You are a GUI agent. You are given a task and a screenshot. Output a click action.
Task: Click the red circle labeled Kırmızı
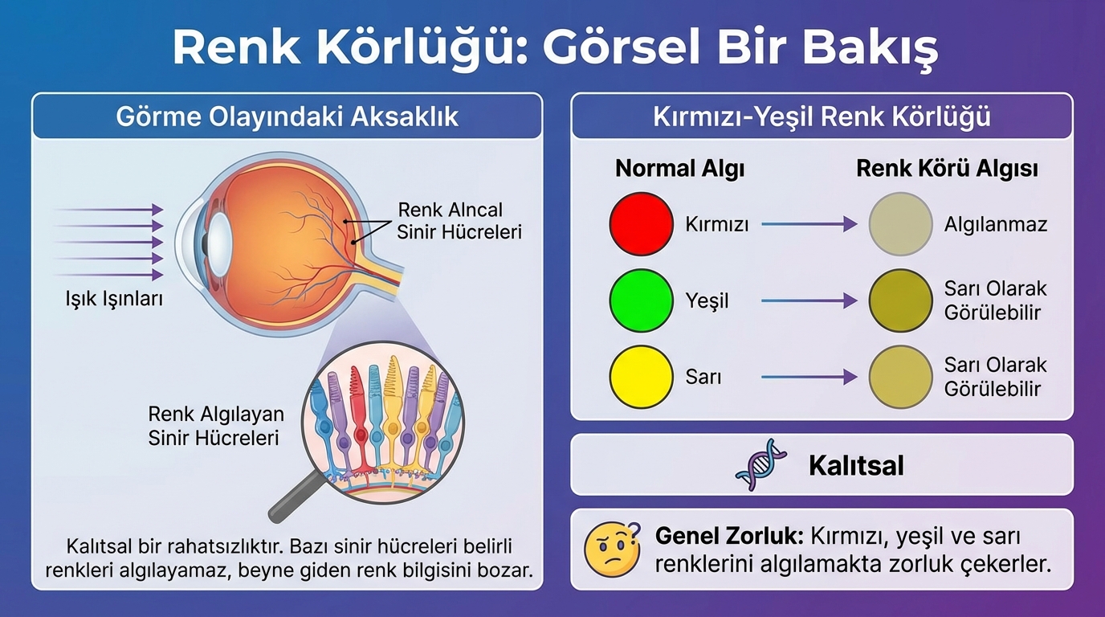(x=642, y=223)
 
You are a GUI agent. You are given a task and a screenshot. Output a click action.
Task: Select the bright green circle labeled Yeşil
(x=642, y=300)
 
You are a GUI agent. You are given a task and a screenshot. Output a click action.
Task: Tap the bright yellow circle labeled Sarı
(x=642, y=377)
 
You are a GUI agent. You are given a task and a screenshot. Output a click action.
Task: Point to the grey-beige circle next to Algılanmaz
(x=901, y=223)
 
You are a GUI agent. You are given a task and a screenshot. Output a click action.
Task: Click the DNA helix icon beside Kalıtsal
(x=760, y=464)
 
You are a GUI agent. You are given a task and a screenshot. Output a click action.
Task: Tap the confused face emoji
(x=612, y=549)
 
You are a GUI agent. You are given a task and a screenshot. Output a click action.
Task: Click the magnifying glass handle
(x=297, y=496)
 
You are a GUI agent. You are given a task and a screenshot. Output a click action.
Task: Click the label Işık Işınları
(x=114, y=299)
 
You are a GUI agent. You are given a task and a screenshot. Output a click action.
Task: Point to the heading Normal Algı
(x=679, y=169)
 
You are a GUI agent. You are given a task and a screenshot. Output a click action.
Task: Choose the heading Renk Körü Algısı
(x=947, y=169)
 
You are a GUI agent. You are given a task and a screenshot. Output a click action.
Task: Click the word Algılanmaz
(x=996, y=225)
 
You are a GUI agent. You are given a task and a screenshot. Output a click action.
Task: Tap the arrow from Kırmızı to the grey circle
(x=809, y=224)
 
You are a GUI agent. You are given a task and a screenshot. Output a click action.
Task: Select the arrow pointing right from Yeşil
(x=809, y=300)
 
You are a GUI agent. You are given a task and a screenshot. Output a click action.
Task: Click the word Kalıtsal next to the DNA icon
(x=856, y=465)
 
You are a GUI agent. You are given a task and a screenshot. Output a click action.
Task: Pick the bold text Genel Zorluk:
(x=729, y=536)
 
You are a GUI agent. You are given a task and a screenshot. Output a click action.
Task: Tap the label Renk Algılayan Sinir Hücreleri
(x=216, y=426)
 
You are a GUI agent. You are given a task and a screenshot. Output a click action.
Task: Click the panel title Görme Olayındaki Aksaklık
(x=287, y=117)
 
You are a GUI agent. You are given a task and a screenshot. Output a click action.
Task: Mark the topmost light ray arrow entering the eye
(x=108, y=210)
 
